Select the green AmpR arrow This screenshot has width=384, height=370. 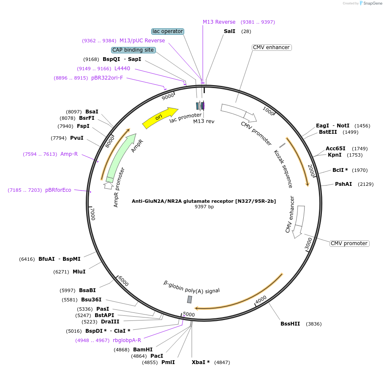tap(123, 157)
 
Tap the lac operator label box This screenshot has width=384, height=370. tap(168, 31)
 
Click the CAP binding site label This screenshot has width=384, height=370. tap(133, 50)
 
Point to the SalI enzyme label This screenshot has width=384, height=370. tap(229, 31)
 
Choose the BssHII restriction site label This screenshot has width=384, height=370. tap(290, 324)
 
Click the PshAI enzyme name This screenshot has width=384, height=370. tap(343, 184)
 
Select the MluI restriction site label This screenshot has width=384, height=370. tap(79, 272)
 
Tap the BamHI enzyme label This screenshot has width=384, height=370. tap(143, 350)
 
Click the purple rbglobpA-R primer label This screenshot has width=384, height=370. tap(127, 340)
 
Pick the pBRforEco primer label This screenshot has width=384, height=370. tap(58, 190)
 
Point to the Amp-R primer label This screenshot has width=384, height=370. tap(69, 154)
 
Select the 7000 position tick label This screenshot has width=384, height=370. tap(93, 214)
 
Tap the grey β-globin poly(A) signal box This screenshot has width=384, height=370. tap(190, 299)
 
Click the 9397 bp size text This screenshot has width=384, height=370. tap(204, 207)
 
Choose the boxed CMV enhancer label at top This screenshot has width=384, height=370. tap(271, 47)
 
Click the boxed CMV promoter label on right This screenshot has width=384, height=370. tap(349, 243)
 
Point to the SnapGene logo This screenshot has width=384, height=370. tap(370, 3)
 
